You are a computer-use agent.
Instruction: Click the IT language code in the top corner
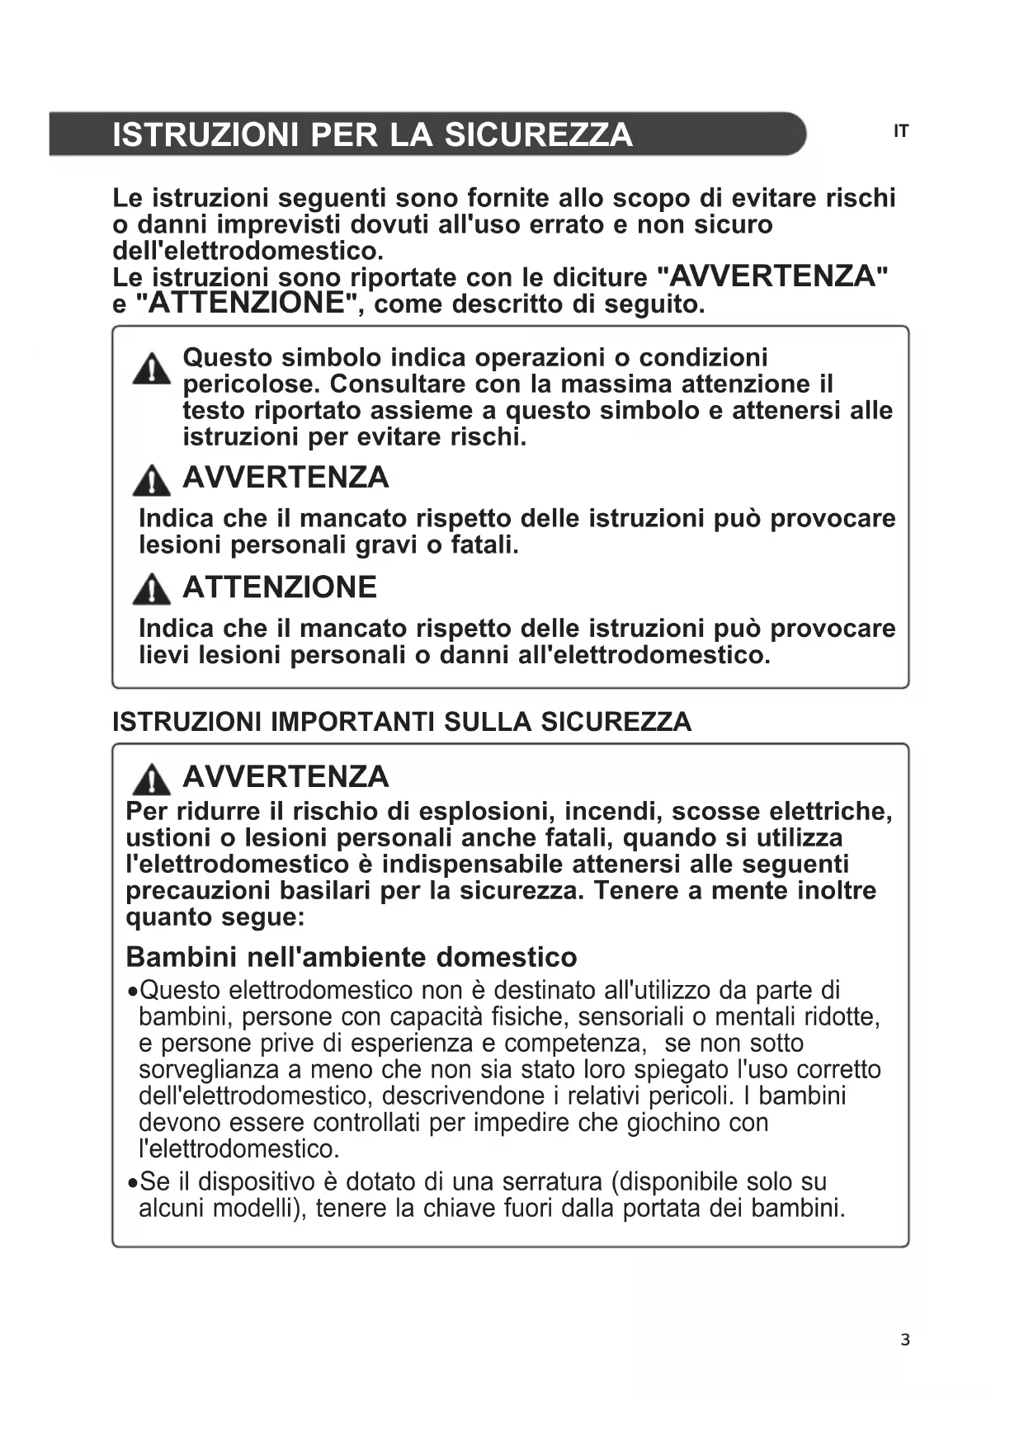pyautogui.click(x=900, y=131)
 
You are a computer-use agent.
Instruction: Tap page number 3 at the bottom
pyautogui.click(x=905, y=1340)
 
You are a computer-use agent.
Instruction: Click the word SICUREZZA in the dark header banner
pyautogui.click(x=538, y=134)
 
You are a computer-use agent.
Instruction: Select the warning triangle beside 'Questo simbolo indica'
pyautogui.click(x=152, y=369)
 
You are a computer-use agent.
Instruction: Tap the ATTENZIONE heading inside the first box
pyautogui.click(x=279, y=587)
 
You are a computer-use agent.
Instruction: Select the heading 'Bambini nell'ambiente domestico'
pyautogui.click(x=352, y=957)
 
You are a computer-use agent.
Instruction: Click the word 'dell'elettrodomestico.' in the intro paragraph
pyautogui.click(x=248, y=250)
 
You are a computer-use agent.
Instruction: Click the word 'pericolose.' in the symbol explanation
pyautogui.click(x=252, y=384)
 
